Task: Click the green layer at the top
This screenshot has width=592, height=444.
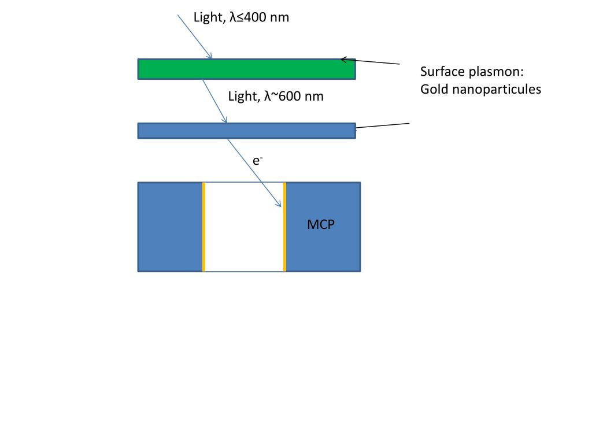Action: (x=246, y=69)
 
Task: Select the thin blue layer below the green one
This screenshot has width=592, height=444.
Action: (x=246, y=131)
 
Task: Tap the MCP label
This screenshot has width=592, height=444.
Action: (x=320, y=224)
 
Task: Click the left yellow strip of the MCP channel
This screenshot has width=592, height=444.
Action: (x=203, y=227)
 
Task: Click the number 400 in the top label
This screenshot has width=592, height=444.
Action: (x=254, y=18)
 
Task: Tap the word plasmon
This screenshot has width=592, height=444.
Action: (x=496, y=73)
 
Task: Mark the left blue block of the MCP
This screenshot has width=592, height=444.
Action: (x=170, y=227)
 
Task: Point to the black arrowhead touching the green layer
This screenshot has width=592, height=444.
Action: (x=343, y=59)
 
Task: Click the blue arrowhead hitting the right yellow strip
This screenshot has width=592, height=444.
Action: (x=279, y=204)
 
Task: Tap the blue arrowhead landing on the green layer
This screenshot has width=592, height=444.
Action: (x=210, y=56)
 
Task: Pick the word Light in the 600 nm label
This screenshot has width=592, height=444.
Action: (x=243, y=97)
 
